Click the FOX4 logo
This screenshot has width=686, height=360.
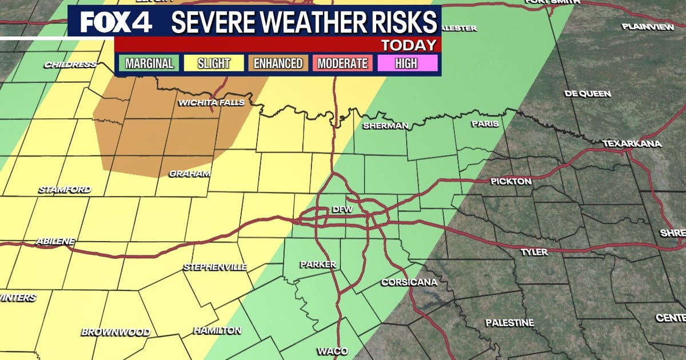click(x=116, y=22)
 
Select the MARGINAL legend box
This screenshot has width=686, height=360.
click(x=150, y=63)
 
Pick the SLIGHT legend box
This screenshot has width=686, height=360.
click(x=213, y=63)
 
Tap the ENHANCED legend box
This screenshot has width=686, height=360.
click(x=278, y=63)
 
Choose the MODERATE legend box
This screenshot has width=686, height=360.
click(x=342, y=63)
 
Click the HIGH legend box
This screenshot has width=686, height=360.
click(x=406, y=63)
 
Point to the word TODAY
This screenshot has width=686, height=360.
click(x=408, y=45)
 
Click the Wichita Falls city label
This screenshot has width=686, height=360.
click(x=212, y=103)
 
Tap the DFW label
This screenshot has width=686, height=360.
click(x=343, y=210)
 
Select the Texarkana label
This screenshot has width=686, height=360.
click(x=632, y=143)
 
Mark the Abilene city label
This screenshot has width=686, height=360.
click(x=55, y=241)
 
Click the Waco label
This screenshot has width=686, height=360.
click(x=332, y=351)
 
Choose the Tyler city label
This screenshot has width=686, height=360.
click(x=534, y=251)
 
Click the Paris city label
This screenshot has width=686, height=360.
click(x=485, y=123)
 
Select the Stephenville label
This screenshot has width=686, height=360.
click(x=215, y=267)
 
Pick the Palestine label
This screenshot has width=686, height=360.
click(x=509, y=323)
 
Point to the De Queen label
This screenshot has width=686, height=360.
click(x=588, y=94)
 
